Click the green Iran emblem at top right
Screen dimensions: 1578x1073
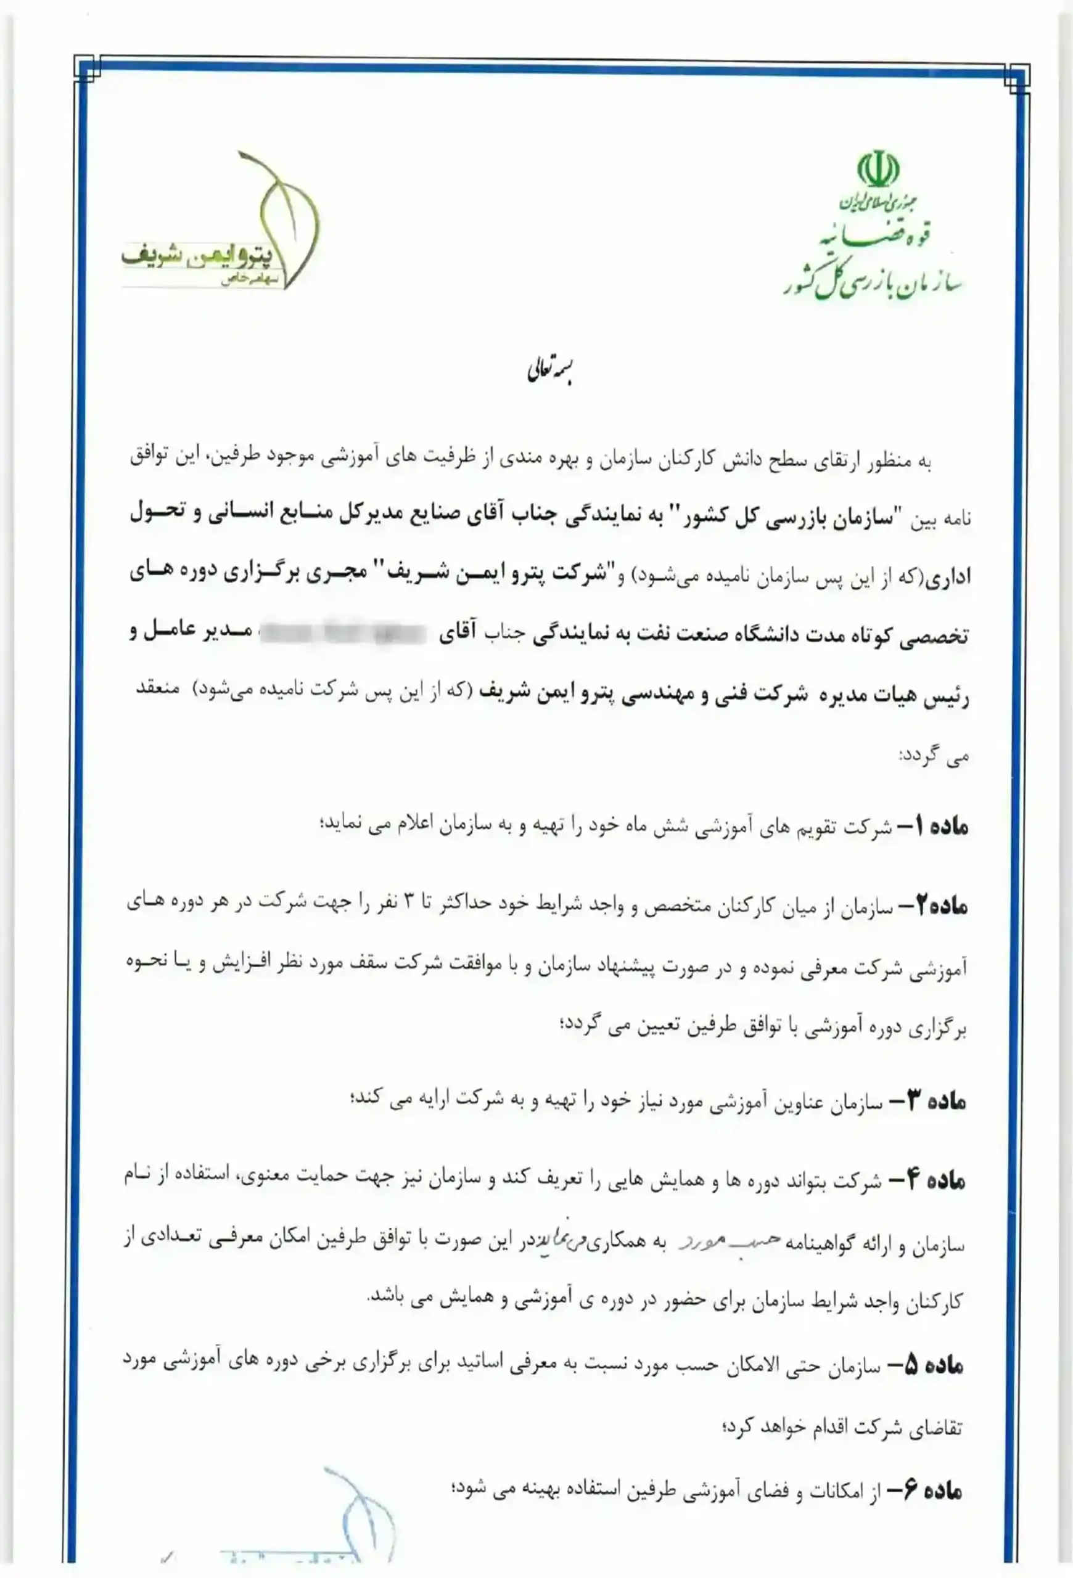[878, 170]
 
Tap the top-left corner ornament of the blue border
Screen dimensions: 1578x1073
[87, 68]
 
